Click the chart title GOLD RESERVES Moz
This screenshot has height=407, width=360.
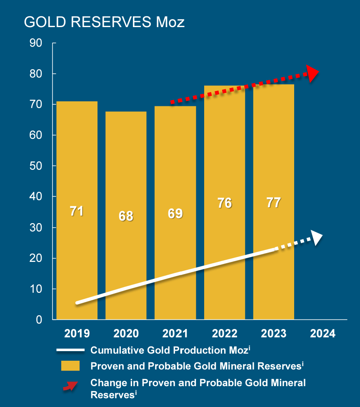coord(104,22)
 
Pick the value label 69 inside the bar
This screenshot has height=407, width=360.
coord(175,214)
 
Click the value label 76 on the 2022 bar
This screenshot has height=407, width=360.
coord(225,203)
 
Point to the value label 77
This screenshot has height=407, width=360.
coord(273,203)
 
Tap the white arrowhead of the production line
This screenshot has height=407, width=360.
coord(317,238)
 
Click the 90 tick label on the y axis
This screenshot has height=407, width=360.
coord(36,43)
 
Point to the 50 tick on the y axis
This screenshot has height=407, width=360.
coord(36,166)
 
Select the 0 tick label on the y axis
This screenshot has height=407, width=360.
coord(39,320)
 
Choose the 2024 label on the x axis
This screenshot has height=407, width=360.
coord(323,334)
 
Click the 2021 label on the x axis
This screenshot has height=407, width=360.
coord(175,334)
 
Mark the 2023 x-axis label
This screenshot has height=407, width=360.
coord(273,334)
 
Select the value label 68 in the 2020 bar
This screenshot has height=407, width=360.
coord(126,216)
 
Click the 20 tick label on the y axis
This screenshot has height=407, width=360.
coord(36,258)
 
